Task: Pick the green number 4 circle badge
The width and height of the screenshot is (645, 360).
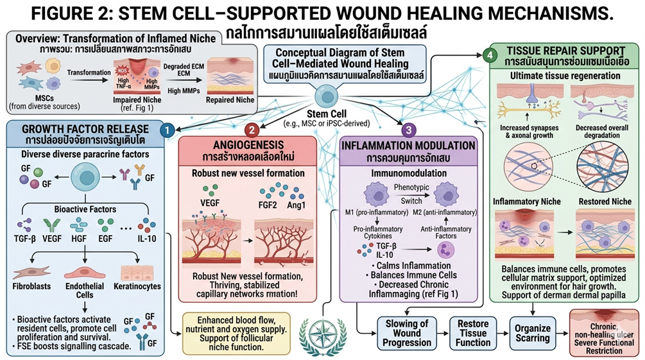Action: coord(490,56)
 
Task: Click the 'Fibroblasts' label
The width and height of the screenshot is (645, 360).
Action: coord(30,286)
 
